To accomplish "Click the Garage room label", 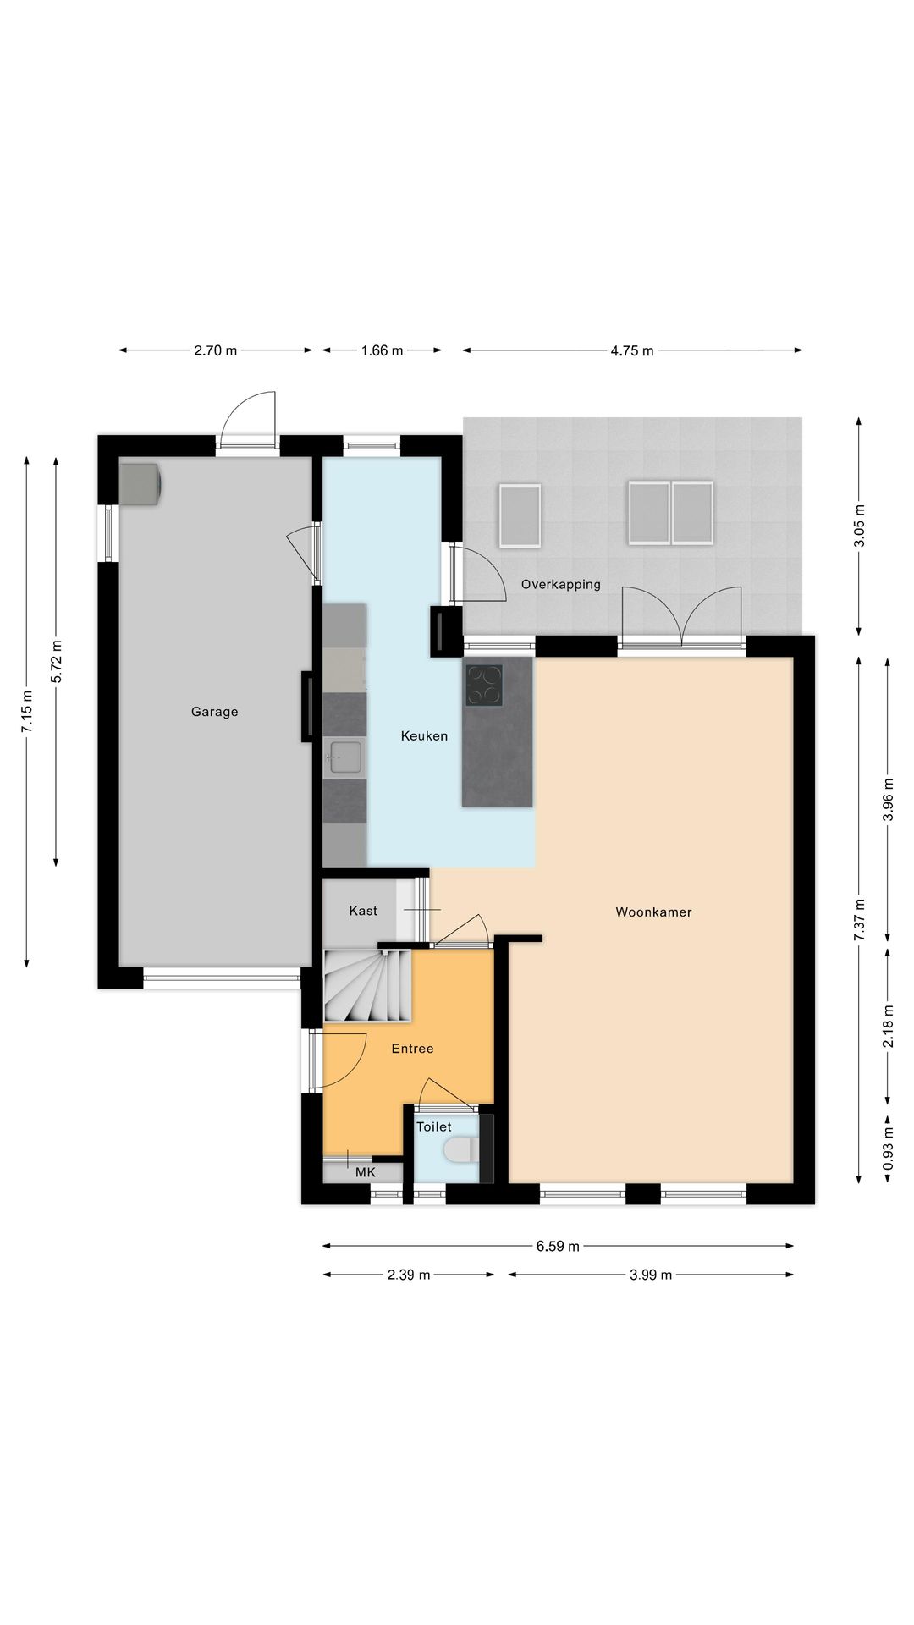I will pos(214,712).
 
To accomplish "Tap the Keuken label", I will pos(424,736).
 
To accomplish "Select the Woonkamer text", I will pos(653,912).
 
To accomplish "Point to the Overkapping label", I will pos(560,585).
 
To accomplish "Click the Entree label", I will pos(412,1049).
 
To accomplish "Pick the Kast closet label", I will pos(363,911).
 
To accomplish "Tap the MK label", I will pos(365,1172).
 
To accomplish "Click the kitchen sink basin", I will pos(345,756).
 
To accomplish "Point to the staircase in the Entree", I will pos(367,986).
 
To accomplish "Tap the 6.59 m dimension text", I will pos(558,1246).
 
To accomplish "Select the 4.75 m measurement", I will pos(631,350).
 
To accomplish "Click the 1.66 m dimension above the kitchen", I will pos(382,350).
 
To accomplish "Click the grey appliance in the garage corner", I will pos(140,483).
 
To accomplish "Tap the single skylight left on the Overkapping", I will pos(520,515).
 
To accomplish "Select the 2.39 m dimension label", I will pos(409,1275).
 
